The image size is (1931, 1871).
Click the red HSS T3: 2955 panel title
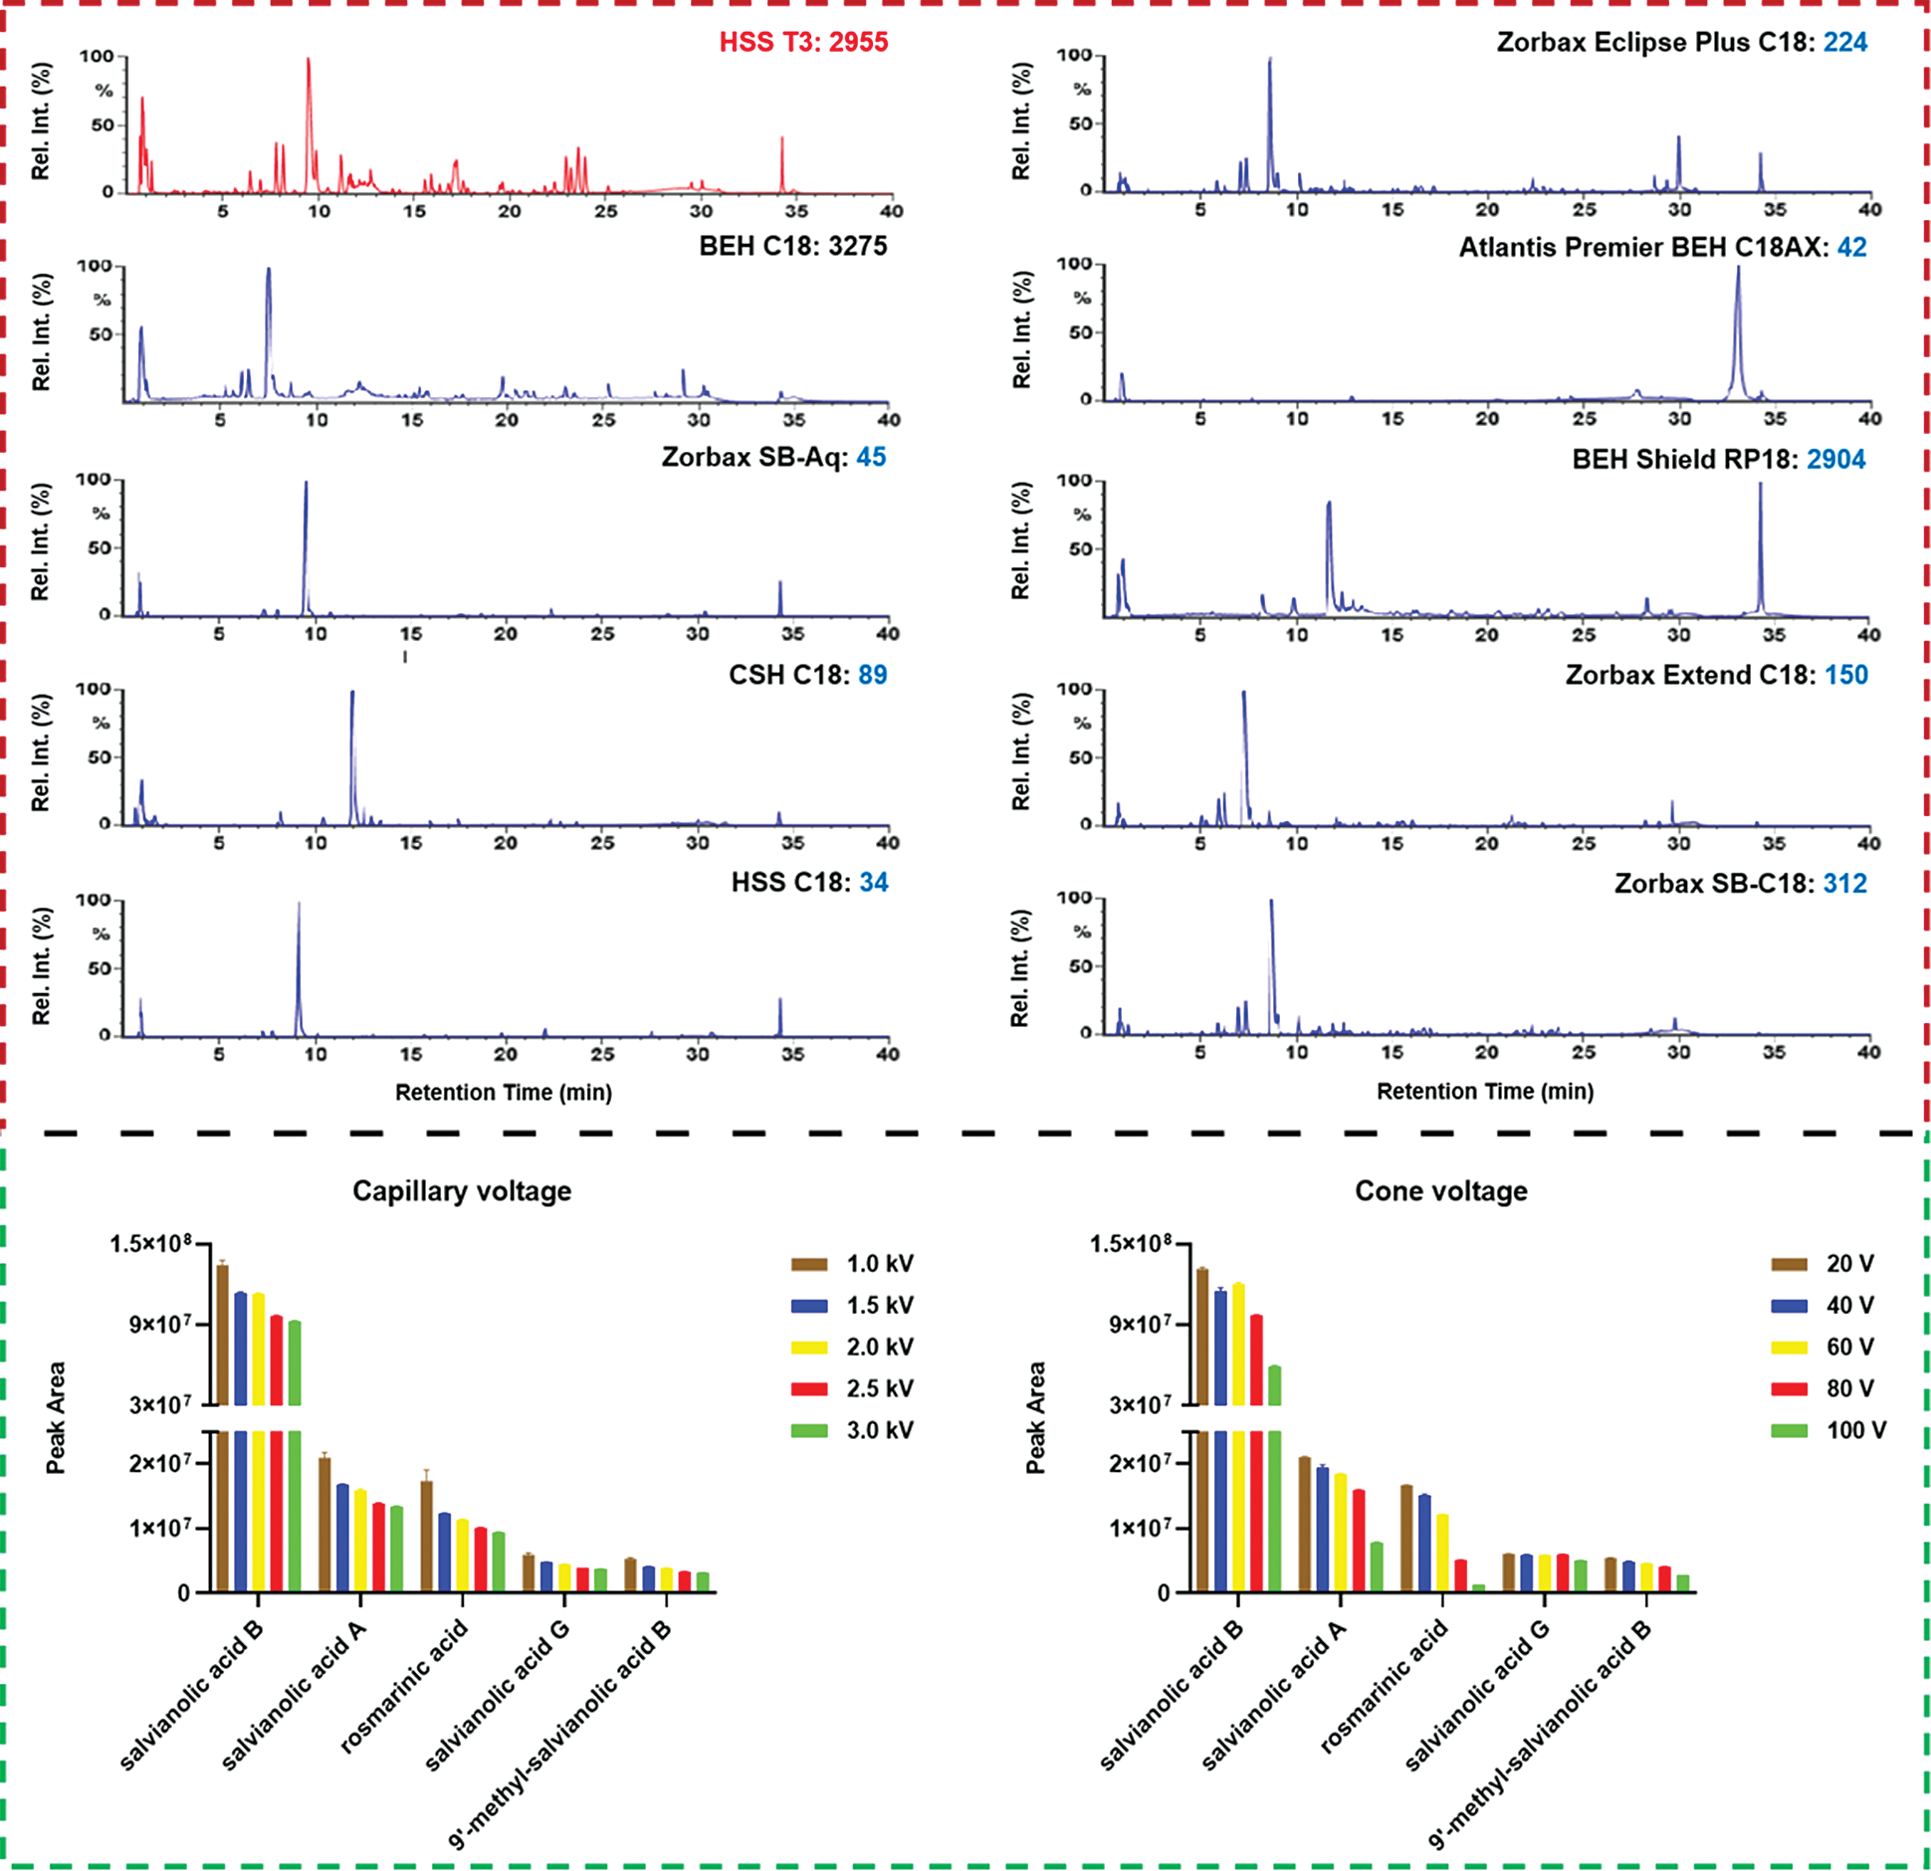pos(803,42)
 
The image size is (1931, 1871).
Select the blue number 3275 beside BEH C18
pos(857,246)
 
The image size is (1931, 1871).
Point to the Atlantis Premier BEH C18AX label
pos(1643,247)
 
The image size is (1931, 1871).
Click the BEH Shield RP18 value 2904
pos(1835,459)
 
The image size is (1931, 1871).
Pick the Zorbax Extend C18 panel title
pos(1691,675)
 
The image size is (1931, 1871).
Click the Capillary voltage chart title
pos(462,1191)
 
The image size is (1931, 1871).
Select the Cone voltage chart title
pos(1440,1191)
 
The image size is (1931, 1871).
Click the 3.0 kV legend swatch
pos(809,1430)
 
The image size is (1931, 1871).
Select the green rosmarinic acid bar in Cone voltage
pos(1478,1587)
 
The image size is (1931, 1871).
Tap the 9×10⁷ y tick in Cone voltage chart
pos(1140,1324)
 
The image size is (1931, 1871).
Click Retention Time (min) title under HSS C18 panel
pos(503,1092)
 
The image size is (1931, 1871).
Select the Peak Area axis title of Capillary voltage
pos(57,1417)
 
